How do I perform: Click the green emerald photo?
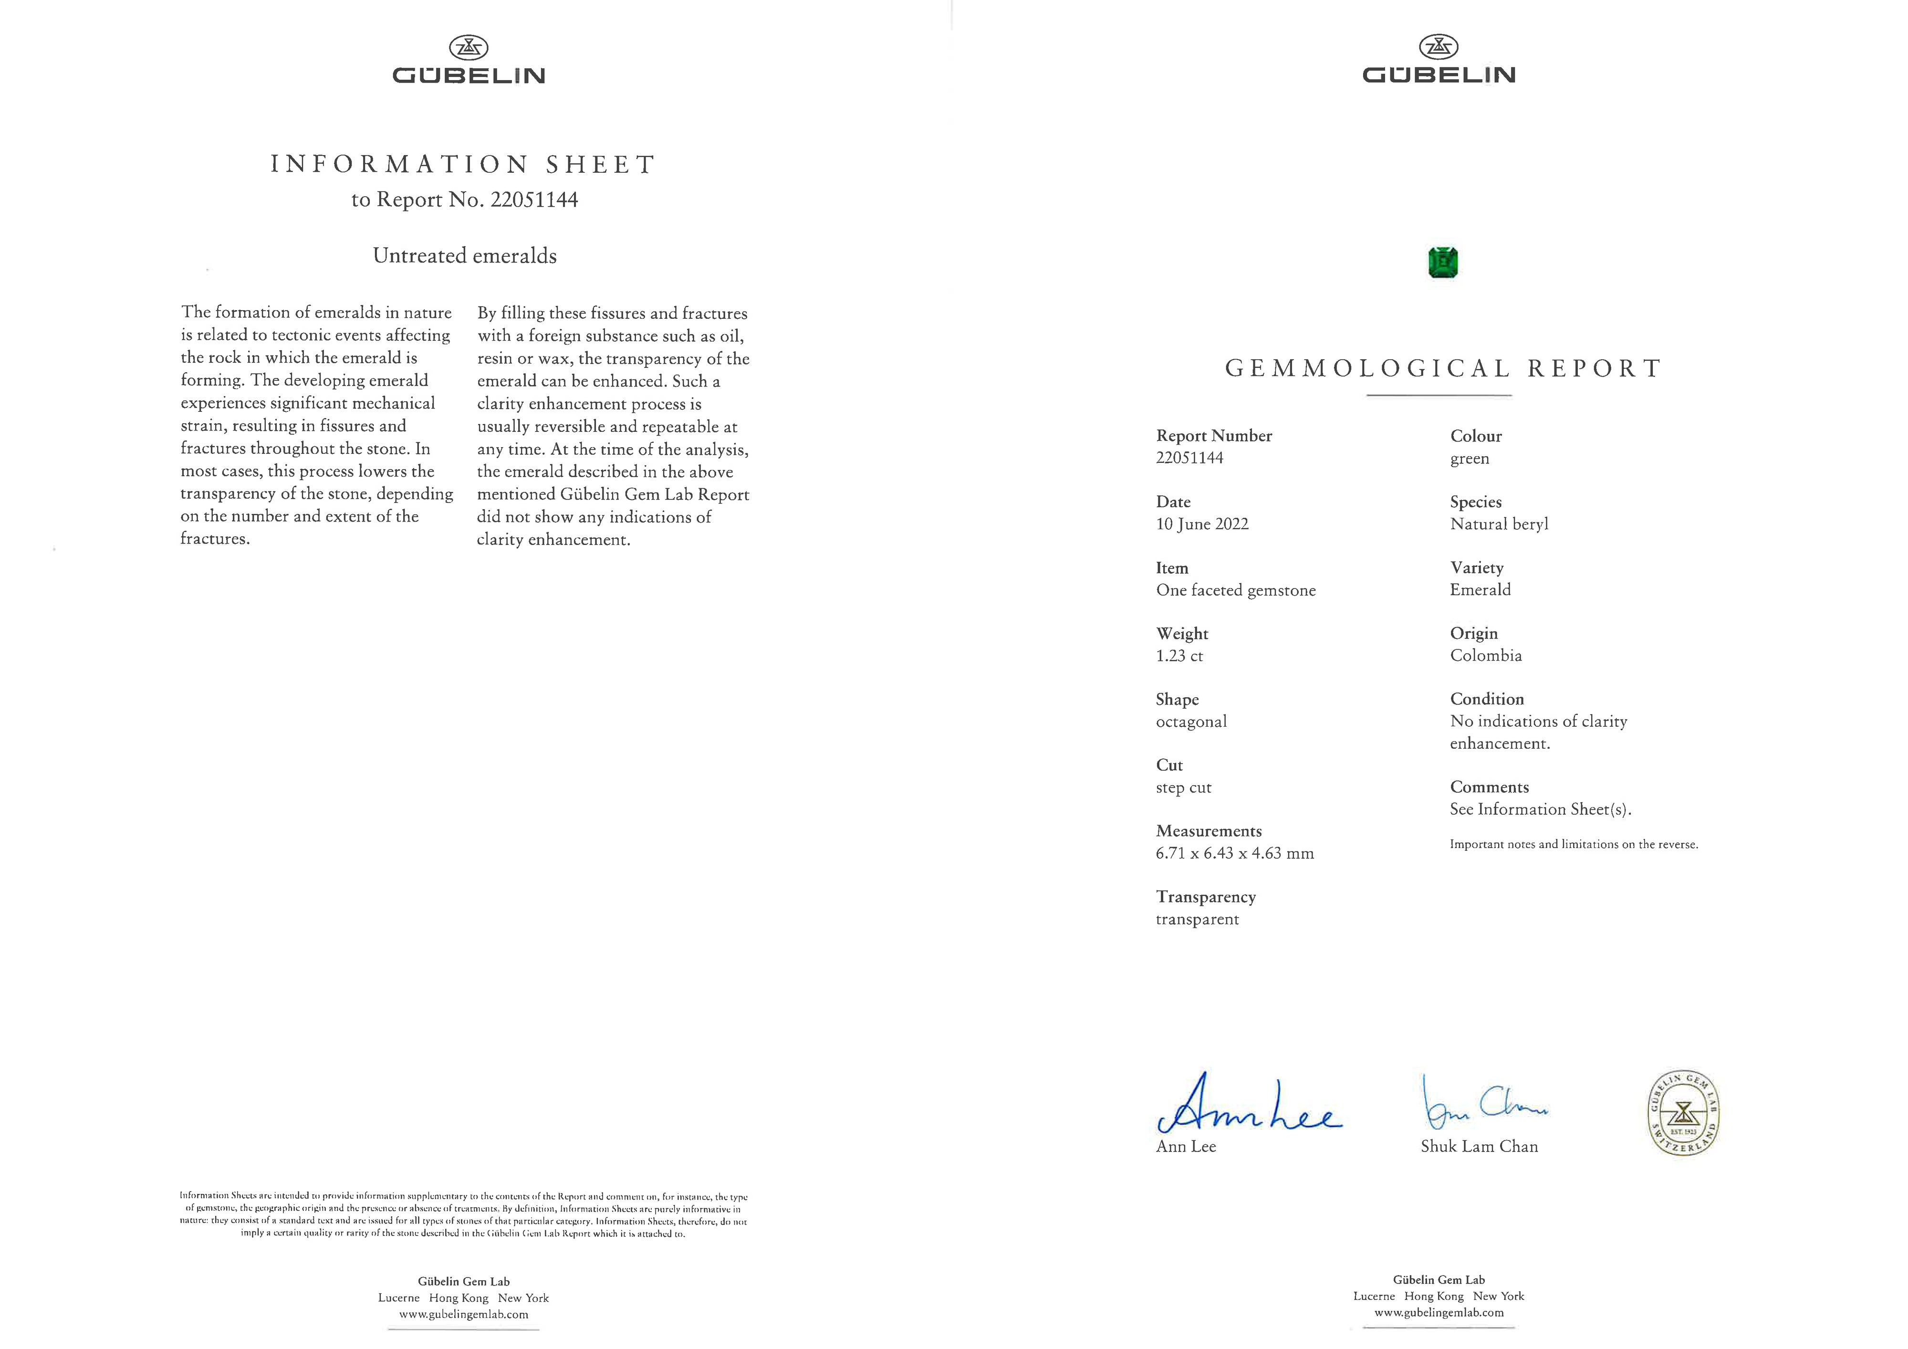pyautogui.click(x=1443, y=262)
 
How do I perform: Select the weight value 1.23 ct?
pyautogui.click(x=1179, y=656)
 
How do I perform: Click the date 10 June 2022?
pyautogui.click(x=1202, y=523)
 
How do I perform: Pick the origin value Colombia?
pyautogui.click(x=1486, y=655)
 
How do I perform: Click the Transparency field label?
pyautogui.click(x=1205, y=897)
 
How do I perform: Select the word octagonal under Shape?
pyautogui.click(x=1191, y=722)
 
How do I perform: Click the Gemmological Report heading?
pyautogui.click(x=1443, y=368)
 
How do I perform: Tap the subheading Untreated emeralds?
pyautogui.click(x=465, y=255)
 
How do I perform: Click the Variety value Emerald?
pyautogui.click(x=1480, y=589)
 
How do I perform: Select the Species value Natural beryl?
pyautogui.click(x=1499, y=523)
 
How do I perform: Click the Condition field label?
pyautogui.click(x=1487, y=699)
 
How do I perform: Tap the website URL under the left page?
pyautogui.click(x=463, y=1314)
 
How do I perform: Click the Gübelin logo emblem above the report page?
pyautogui.click(x=1439, y=47)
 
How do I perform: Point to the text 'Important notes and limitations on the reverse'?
pyautogui.click(x=1573, y=845)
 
